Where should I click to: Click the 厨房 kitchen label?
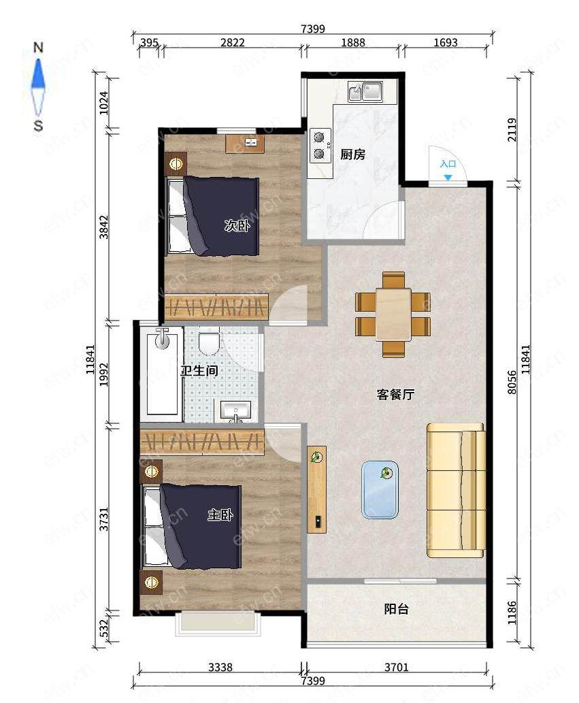point(352,154)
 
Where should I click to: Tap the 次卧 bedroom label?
point(237,225)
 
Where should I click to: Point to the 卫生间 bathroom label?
point(199,371)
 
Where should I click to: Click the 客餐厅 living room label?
point(395,395)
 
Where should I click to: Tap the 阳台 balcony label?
point(397,609)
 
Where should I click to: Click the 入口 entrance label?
point(448,163)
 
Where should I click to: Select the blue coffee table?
point(380,489)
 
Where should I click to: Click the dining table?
point(393,314)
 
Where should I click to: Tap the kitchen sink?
point(365,91)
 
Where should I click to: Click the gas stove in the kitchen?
point(320,145)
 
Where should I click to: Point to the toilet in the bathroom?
point(209,342)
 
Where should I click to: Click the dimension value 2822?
point(233,43)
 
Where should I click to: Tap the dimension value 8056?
point(512,382)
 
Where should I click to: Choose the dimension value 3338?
point(220,667)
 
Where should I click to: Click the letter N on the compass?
point(39,48)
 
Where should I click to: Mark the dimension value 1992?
point(104,374)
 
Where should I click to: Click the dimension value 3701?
point(397,667)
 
